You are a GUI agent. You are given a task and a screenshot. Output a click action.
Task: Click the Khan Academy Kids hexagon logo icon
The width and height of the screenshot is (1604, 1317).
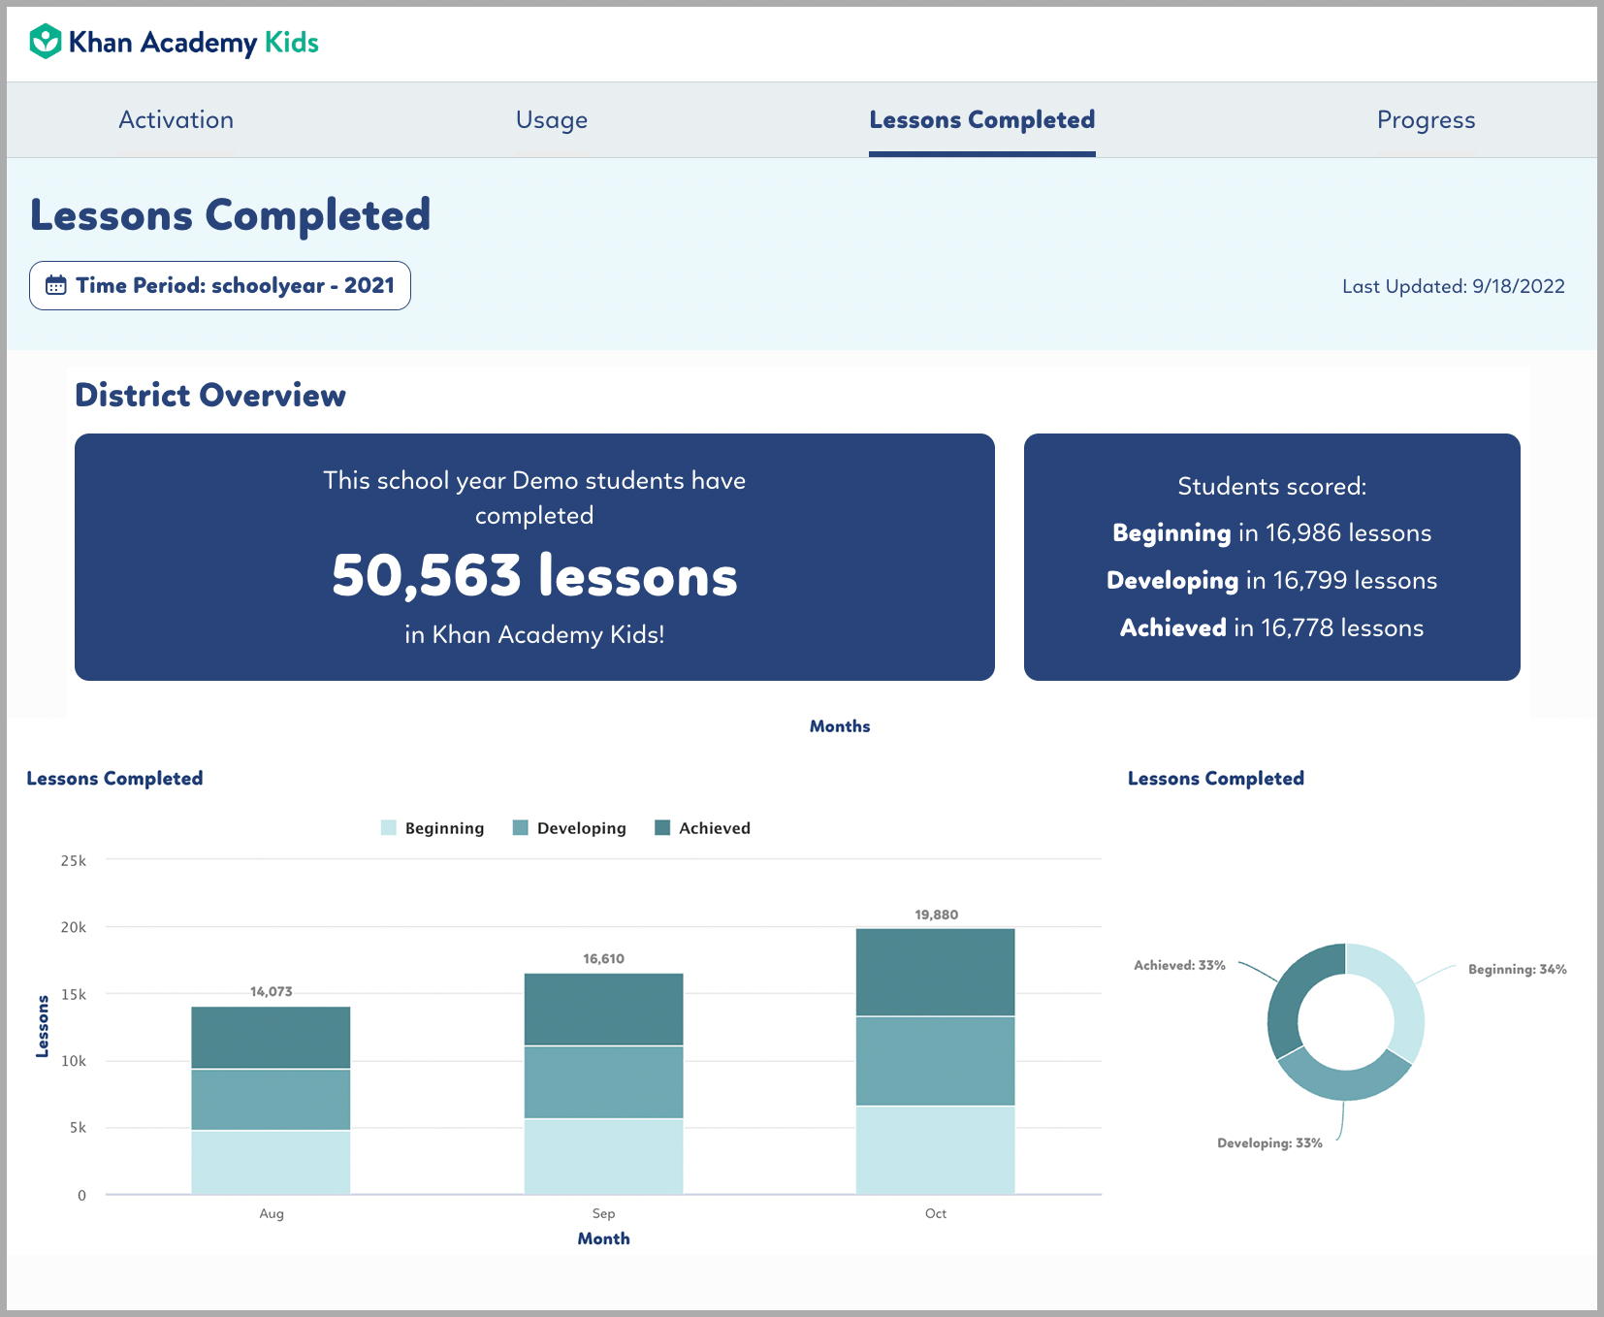46,42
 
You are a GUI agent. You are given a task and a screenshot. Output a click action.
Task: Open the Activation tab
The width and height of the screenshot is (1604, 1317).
176,119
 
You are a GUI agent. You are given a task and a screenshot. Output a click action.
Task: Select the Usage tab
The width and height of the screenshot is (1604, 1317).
551,119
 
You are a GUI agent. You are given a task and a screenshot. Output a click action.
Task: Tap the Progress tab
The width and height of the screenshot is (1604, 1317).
1426,119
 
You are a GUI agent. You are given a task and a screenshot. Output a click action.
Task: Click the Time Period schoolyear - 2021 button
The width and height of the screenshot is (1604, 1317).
220,285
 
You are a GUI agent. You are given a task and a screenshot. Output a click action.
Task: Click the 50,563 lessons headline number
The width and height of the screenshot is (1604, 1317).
534,575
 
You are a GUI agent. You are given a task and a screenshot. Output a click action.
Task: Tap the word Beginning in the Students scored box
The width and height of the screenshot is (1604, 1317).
1171,532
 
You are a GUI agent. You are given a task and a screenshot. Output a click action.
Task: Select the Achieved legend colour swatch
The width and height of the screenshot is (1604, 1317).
663,828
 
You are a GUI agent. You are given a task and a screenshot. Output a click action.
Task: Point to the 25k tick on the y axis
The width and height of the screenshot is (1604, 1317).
74,860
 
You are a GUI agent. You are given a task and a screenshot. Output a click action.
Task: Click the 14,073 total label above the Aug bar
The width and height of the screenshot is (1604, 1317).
271,991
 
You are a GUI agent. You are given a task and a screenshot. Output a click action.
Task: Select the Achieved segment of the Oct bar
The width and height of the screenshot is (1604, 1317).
935,972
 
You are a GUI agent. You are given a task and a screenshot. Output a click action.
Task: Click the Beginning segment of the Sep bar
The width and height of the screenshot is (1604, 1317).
603,1156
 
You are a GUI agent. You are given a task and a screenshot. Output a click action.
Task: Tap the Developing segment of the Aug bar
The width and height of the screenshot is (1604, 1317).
271,1099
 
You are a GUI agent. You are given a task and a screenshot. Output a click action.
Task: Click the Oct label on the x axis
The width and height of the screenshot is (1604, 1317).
935,1213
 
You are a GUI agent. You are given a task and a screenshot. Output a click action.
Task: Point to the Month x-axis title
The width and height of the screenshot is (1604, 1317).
603,1238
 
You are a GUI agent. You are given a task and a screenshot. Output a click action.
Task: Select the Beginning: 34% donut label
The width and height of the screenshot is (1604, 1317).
1517,969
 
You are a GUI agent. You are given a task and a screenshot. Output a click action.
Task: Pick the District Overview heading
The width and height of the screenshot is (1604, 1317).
210,395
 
